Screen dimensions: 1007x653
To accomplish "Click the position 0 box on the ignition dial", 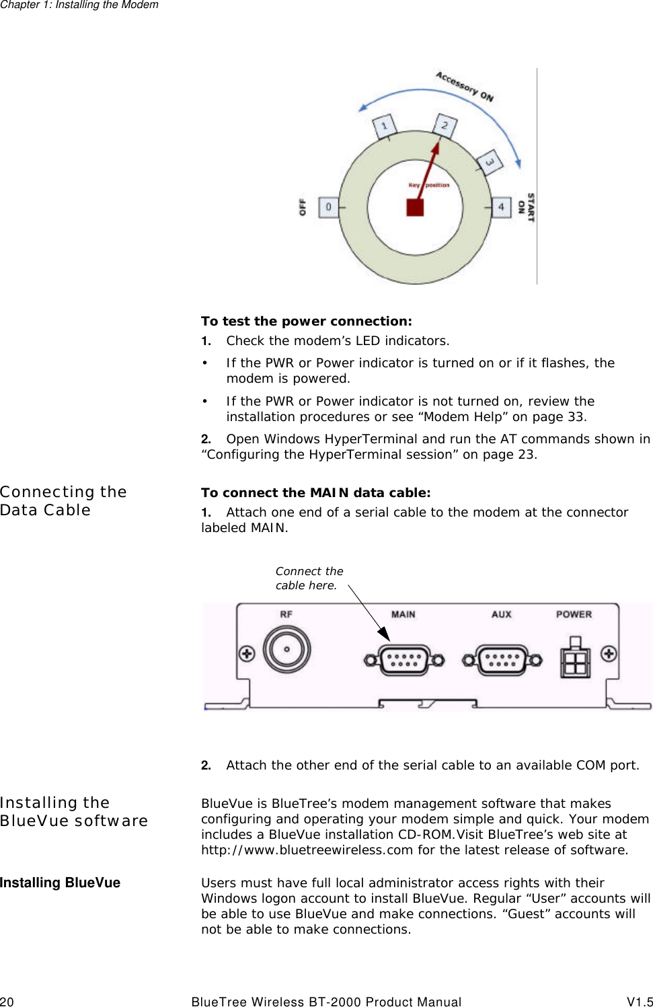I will pyautogui.click(x=328, y=207).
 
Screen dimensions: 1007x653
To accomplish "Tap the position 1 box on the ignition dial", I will pyautogui.click(x=385, y=126).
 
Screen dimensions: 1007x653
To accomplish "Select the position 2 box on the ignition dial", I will pyautogui.click(x=445, y=125).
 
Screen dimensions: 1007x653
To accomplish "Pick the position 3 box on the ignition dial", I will pyautogui.click(x=490, y=162).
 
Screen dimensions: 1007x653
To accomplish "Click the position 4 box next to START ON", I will pyautogui.click(x=500, y=207).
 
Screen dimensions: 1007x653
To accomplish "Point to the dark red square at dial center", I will pyautogui.click(x=415, y=207).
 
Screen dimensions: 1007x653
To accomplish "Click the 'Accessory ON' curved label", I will pyautogui.click(x=465, y=86).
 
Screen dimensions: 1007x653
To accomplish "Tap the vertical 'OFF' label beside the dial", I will pyautogui.click(x=303, y=207).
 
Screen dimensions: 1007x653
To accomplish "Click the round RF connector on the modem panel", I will pyautogui.click(x=286, y=650).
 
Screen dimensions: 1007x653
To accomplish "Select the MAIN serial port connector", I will pyautogui.click(x=404, y=660).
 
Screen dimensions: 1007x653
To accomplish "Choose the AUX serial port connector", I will pyautogui.click(x=502, y=660).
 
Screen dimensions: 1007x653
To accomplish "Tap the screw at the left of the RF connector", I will pyautogui.click(x=247, y=653).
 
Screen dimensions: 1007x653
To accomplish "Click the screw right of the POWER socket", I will pyautogui.click(x=609, y=653).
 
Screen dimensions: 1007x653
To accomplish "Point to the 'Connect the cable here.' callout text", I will pyautogui.click(x=309, y=578).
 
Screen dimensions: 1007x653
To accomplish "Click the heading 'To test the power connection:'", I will pyautogui.click(x=307, y=322).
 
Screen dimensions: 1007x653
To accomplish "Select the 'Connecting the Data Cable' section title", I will pyautogui.click(x=63, y=501).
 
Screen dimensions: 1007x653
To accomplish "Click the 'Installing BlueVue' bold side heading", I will pyautogui.click(x=60, y=883).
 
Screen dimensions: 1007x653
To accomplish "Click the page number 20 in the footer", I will pyautogui.click(x=7, y=1002).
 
